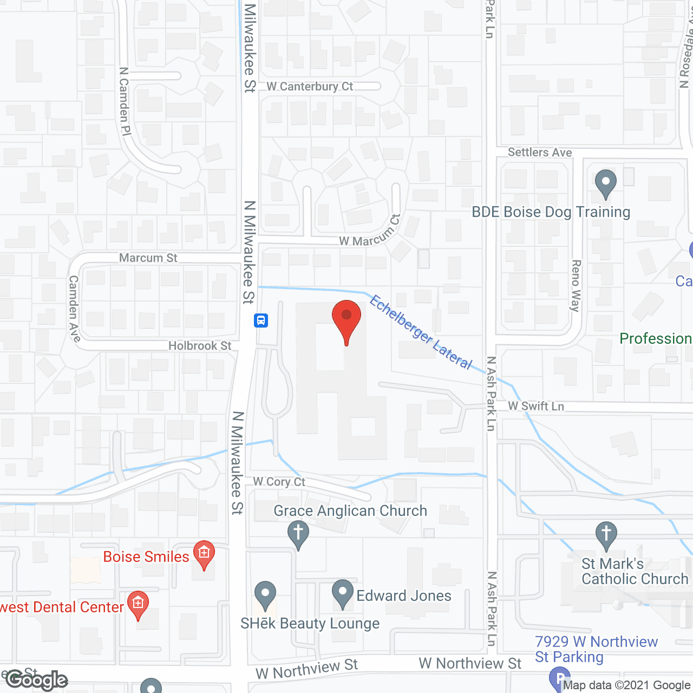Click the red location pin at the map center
click(x=346, y=319)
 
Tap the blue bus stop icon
click(x=261, y=321)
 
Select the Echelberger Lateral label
click(x=421, y=332)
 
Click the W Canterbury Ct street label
click(x=310, y=87)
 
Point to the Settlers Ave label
click(x=540, y=153)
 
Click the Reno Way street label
click(x=576, y=285)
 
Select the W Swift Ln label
click(x=536, y=406)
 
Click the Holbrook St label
click(x=200, y=345)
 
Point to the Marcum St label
click(x=148, y=258)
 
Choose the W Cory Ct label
click(x=279, y=481)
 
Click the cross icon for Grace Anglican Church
click(x=298, y=533)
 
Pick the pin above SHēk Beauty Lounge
click(x=265, y=594)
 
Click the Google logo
click(x=37, y=680)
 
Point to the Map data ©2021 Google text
click(x=626, y=685)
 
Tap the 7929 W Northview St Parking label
click(x=596, y=649)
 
